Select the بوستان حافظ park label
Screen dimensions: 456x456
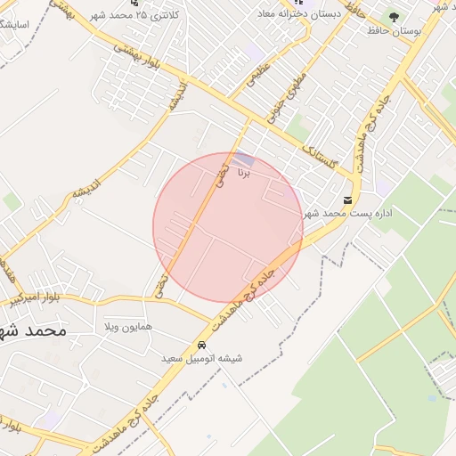393,30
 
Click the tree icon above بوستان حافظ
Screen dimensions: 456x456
393,16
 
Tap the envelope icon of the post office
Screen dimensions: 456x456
347,199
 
